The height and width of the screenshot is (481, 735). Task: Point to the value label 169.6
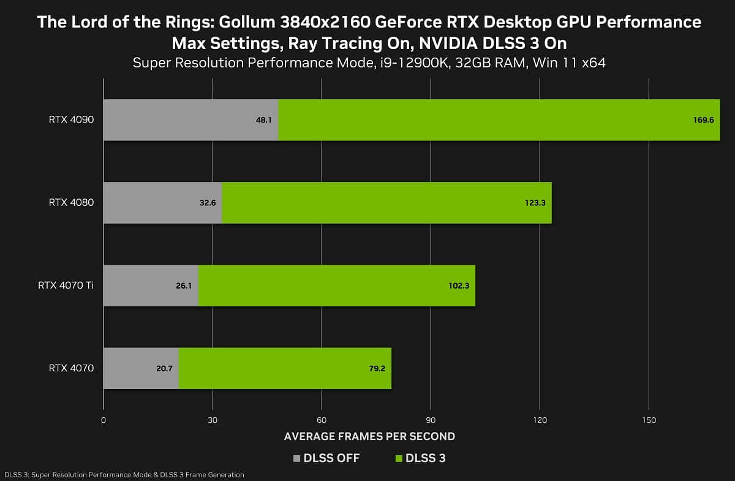click(x=703, y=120)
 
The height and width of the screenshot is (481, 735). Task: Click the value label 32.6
click(x=208, y=203)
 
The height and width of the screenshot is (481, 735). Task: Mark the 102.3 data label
click(x=459, y=286)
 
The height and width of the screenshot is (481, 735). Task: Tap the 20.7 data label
click(x=165, y=368)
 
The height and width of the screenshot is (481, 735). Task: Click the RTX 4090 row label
click(x=71, y=120)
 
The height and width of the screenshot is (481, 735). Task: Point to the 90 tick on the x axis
click(x=431, y=420)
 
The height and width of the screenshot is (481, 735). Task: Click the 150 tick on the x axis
click(x=649, y=420)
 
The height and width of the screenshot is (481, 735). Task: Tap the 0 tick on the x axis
click(x=104, y=420)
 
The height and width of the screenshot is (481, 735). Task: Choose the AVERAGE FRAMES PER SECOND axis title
click(x=369, y=437)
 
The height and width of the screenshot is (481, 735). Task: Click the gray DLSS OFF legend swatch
click(x=298, y=458)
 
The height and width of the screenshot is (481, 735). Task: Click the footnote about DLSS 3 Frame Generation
click(x=124, y=475)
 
